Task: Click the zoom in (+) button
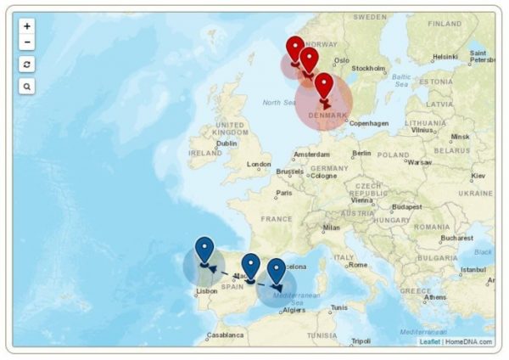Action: click(x=27, y=26)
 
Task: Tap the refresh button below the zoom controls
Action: click(x=27, y=65)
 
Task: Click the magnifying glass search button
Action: click(x=27, y=87)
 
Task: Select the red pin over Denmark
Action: click(x=324, y=86)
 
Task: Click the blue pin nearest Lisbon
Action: click(x=204, y=250)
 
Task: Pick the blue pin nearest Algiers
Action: click(x=277, y=272)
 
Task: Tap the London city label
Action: click(x=259, y=165)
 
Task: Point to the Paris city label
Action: click(x=283, y=193)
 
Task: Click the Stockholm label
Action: click(x=368, y=68)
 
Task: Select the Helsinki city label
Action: click(x=445, y=57)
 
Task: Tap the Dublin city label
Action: click(x=227, y=143)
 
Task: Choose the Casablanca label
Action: click(x=226, y=335)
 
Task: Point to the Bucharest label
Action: click(x=455, y=238)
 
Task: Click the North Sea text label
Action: click(x=278, y=103)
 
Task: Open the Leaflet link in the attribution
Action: click(x=429, y=341)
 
